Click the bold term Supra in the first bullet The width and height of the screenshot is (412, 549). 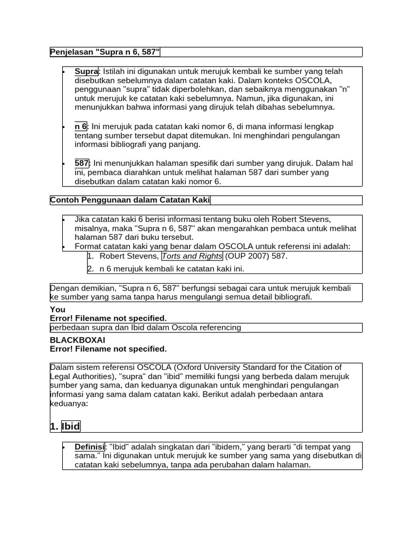[x=86, y=71]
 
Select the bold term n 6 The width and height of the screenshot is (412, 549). [x=80, y=126]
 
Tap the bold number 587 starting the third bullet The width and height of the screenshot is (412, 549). [x=82, y=163]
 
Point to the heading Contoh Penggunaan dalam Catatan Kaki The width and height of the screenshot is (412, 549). [x=130, y=200]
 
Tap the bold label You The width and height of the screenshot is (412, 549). [x=57, y=309]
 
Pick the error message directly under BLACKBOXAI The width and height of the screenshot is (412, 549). [x=108, y=349]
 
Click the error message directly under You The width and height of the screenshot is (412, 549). [x=108, y=318]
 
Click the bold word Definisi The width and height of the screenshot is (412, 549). [x=90, y=447]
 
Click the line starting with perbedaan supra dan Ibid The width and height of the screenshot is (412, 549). [x=145, y=327]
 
